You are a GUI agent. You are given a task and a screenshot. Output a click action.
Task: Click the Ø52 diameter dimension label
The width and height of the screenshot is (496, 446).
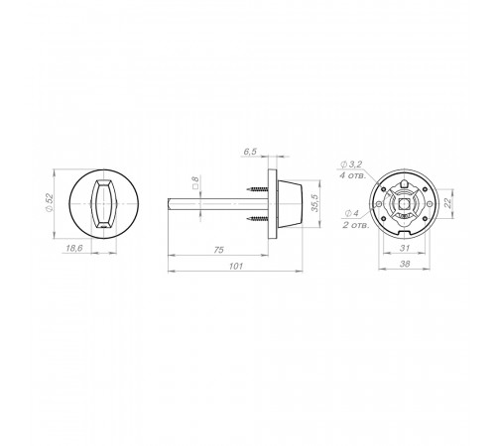point(50,203)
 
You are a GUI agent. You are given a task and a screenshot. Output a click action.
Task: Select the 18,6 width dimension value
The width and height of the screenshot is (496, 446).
point(74,248)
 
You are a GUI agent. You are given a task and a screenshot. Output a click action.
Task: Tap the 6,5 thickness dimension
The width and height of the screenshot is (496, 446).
point(250,152)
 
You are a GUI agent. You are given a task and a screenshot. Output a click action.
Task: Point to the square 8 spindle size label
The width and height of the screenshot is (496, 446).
point(195,182)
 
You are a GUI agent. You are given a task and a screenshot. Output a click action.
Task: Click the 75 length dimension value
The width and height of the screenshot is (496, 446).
point(218,250)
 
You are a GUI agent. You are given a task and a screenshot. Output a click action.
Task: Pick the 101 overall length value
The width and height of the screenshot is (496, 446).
point(235,266)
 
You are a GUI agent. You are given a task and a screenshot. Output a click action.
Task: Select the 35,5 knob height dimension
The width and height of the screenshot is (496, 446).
point(314,203)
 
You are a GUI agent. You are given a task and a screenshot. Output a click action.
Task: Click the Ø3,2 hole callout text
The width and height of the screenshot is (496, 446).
point(351,164)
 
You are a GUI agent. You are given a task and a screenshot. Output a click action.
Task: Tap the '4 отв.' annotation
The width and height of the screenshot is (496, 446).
point(353,175)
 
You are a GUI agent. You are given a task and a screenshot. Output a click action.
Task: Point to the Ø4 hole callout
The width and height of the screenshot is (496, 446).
point(352,213)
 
